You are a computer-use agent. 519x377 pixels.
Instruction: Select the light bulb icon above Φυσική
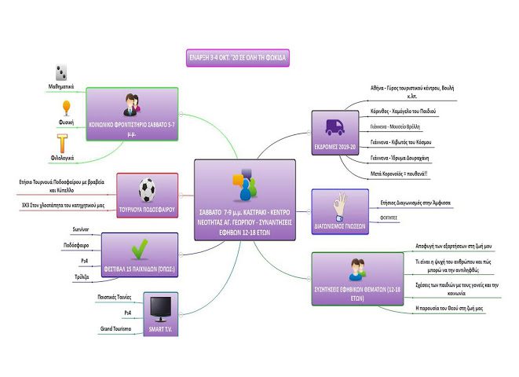(66, 108)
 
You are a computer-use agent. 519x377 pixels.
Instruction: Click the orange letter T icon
(67, 144)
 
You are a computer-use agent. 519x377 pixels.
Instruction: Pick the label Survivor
(79, 229)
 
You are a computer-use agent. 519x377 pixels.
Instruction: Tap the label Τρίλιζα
(80, 276)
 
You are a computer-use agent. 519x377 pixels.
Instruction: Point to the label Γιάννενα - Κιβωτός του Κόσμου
(411, 142)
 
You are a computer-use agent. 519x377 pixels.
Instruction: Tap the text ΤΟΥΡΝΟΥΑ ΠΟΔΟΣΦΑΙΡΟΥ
(147, 210)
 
